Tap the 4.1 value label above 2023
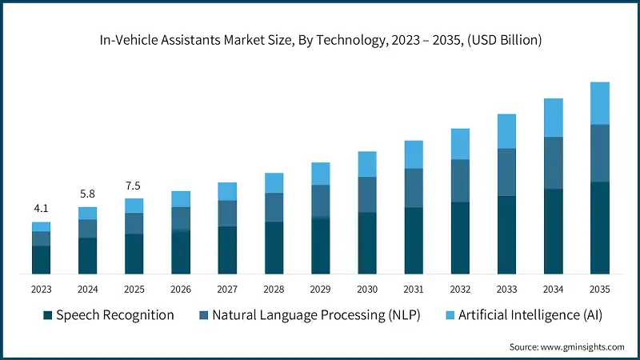click(41, 209)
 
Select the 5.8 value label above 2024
click(87, 194)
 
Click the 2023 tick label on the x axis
click(41, 289)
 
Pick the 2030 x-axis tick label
click(366, 289)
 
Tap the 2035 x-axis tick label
click(599, 289)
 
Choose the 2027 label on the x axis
click(227, 289)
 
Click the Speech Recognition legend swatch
click(47, 315)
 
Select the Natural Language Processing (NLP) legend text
click(316, 315)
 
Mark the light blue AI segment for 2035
click(599, 102)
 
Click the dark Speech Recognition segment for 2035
click(599, 228)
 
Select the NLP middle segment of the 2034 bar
click(553, 162)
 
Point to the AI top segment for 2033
click(506, 130)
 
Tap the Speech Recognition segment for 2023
click(41, 260)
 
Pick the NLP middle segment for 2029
click(320, 201)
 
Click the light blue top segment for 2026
click(181, 198)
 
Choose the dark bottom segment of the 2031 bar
click(413, 241)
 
